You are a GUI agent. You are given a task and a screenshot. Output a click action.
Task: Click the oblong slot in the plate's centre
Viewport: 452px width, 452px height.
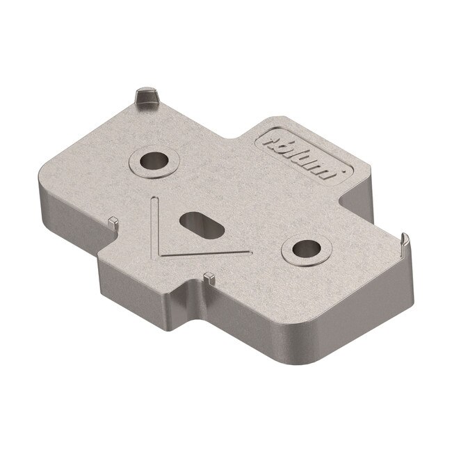click(x=202, y=225)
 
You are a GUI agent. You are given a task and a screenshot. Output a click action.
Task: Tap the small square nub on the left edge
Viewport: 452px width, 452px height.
click(x=112, y=221)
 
